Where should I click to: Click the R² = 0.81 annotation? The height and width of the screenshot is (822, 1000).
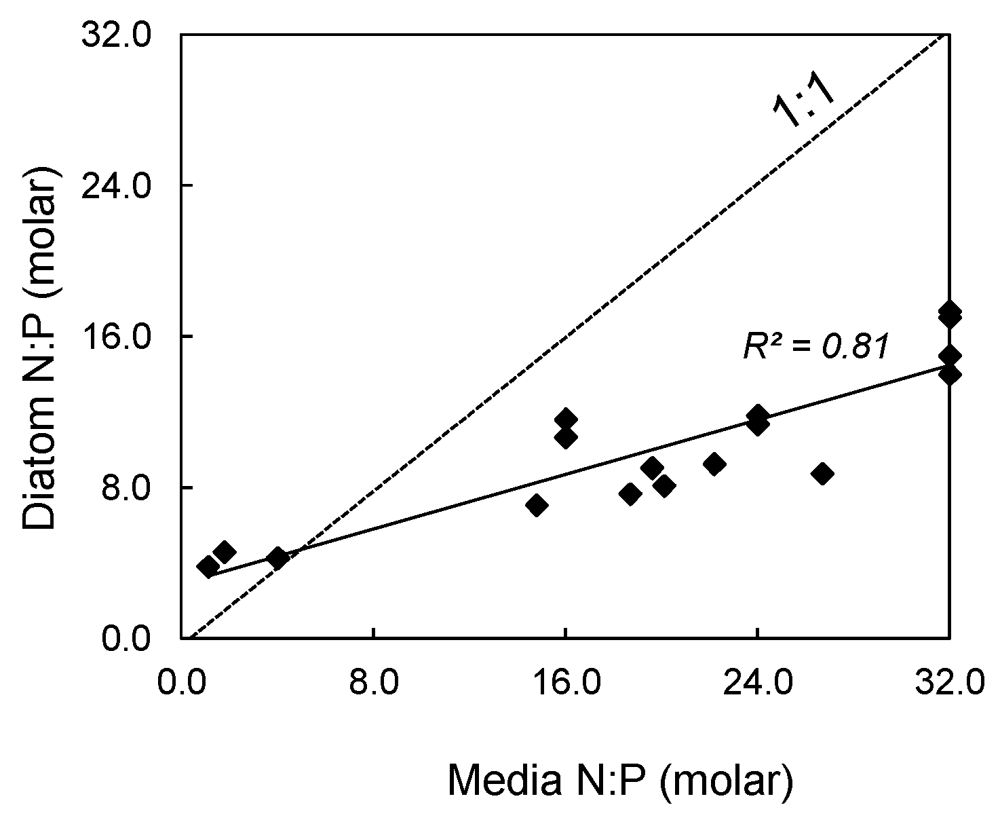pyautogui.click(x=815, y=346)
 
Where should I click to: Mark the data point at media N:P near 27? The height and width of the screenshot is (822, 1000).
pyautogui.click(x=822, y=474)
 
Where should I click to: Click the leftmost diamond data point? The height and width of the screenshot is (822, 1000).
pyautogui.click(x=208, y=566)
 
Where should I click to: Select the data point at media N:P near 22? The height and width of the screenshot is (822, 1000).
pyautogui.click(x=714, y=464)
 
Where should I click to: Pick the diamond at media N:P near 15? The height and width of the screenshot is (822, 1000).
pyautogui.click(x=537, y=505)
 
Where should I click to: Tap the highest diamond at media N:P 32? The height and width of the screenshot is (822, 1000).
pyautogui.click(x=949, y=311)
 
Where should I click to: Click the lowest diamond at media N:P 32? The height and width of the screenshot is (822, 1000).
pyautogui.click(x=949, y=374)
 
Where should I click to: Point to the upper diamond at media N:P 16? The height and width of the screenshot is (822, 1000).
pyautogui.click(x=565, y=419)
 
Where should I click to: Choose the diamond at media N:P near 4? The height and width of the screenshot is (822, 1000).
pyautogui.click(x=277, y=558)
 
